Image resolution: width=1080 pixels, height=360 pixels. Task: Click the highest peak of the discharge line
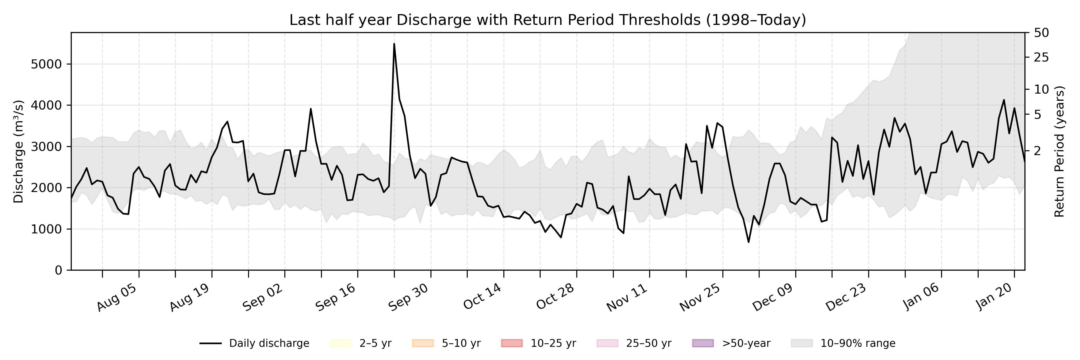coord(394,43)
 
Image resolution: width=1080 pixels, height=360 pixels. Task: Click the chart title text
coord(547,20)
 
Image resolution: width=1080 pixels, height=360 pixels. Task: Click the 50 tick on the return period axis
coord(1041,33)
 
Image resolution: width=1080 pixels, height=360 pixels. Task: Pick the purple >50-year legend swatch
coord(703,343)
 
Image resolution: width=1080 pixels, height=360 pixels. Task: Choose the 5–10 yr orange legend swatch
coord(423,343)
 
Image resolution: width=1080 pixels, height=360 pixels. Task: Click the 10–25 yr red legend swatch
coord(511,343)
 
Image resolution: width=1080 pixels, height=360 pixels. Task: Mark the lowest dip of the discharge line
coord(748,242)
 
